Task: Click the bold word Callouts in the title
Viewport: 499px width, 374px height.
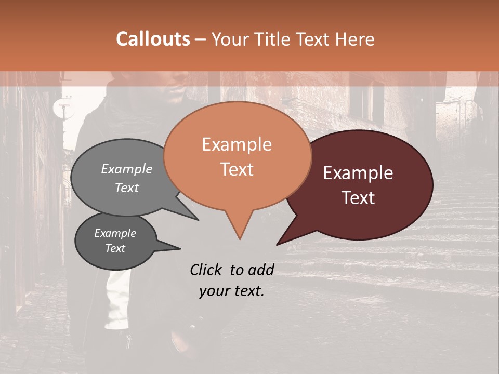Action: click(153, 39)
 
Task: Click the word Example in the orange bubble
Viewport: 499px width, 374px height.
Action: click(237, 144)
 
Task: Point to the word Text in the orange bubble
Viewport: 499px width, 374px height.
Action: click(237, 169)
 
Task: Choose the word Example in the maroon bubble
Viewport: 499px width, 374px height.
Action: click(358, 173)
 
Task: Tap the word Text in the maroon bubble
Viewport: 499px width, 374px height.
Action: click(358, 198)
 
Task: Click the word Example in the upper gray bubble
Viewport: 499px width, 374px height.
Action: click(127, 169)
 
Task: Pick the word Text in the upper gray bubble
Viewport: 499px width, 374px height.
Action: click(127, 188)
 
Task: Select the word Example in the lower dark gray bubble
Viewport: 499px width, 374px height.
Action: click(115, 233)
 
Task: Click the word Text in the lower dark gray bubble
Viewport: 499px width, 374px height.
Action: click(115, 248)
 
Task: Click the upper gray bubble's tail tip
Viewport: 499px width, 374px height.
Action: click(198, 220)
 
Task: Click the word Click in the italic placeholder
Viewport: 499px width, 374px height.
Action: click(207, 270)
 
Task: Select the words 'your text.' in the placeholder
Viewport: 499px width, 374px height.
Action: click(232, 291)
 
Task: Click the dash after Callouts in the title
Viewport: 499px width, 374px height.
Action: click(201, 39)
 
